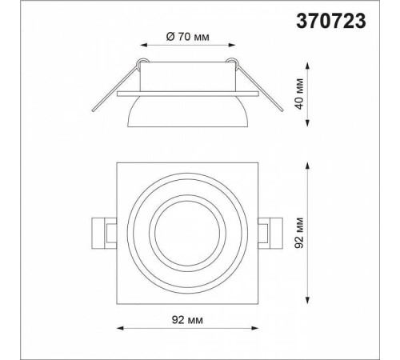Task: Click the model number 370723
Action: point(331,21)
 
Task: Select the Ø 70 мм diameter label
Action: point(187,37)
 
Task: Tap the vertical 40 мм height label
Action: point(300,94)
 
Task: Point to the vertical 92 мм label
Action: point(300,233)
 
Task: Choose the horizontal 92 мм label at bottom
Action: point(187,320)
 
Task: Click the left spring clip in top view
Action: point(104,234)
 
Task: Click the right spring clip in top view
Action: point(270,234)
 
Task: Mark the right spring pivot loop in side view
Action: point(231,62)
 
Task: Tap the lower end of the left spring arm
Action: point(93,110)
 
